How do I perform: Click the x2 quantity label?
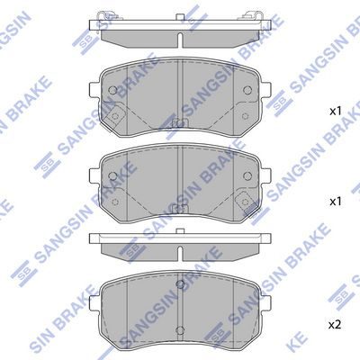(335, 325)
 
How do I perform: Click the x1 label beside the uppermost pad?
(336, 112)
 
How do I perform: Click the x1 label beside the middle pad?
(336, 202)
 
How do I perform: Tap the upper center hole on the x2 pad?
(180, 283)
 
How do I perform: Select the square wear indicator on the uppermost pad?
(115, 115)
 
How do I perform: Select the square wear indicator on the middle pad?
(245, 202)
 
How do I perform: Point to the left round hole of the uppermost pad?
(112, 90)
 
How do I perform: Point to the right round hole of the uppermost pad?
(247, 90)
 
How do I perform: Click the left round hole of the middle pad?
(112, 175)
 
